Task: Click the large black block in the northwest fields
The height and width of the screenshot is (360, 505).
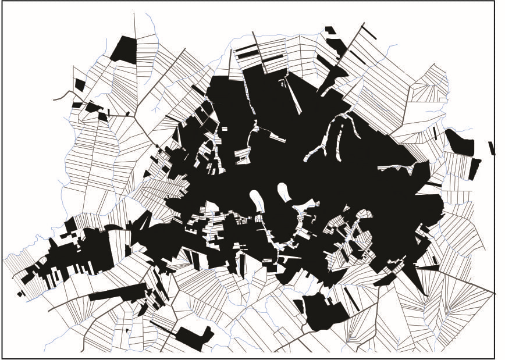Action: (x=123, y=49)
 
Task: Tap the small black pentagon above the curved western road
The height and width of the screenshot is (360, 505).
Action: (x=79, y=85)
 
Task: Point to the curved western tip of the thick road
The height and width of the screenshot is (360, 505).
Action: (x=55, y=99)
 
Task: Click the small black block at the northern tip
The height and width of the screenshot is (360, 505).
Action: (x=330, y=30)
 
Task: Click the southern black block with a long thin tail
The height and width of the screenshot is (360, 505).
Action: (x=192, y=336)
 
